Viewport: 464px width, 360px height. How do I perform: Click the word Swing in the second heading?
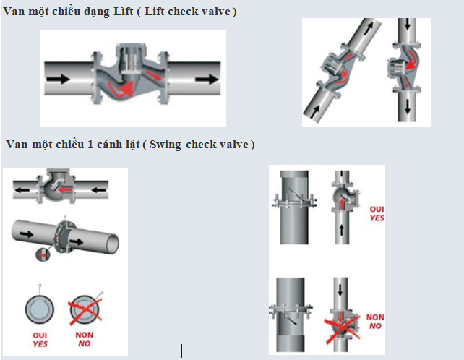pyautogui.click(x=165, y=145)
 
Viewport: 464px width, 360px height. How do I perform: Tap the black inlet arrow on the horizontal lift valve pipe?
pyautogui.click(x=58, y=79)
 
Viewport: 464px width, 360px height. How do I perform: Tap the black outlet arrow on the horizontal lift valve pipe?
pyautogui.click(x=207, y=79)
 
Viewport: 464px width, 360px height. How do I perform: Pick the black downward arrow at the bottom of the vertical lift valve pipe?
pyautogui.click(x=408, y=106)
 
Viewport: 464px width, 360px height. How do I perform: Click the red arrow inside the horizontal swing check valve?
pyautogui.click(x=65, y=189)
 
